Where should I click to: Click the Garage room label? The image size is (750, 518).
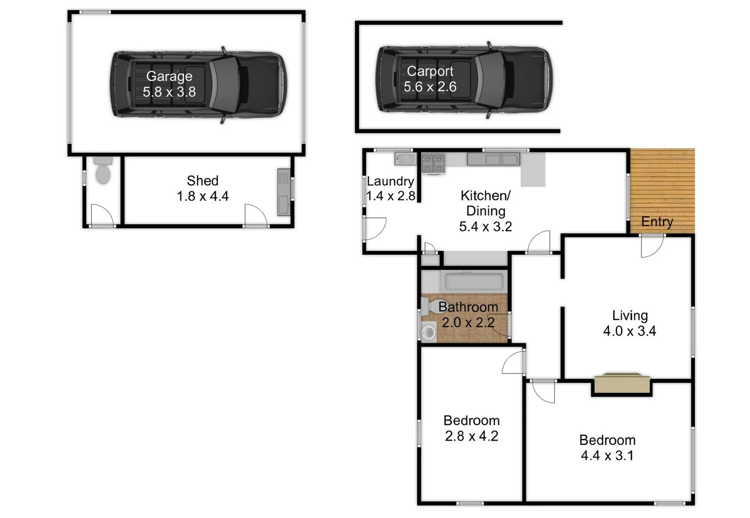pos(169,76)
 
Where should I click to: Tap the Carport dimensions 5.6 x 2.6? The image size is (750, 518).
pos(430,87)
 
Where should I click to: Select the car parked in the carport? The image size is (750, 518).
pos(464,80)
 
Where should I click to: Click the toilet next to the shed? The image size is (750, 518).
pos(103,172)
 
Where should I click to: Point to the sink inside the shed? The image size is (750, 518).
pos(283,192)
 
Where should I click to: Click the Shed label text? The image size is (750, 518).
pos(203,181)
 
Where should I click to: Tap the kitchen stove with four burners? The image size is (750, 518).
pos(433,163)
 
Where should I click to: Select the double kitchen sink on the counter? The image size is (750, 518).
pos(493,159)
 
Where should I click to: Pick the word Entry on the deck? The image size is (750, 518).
pos(657,222)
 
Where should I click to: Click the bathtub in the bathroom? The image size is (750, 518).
pos(474,282)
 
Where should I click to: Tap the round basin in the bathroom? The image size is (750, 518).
pos(428,332)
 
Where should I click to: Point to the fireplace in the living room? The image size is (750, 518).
pos(622,383)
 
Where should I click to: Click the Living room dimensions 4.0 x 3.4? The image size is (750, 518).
pos(629,331)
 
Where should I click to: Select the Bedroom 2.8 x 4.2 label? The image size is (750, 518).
pos(472,428)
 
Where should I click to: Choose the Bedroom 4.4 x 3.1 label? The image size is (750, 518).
pos(607,447)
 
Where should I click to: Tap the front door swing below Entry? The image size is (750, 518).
pos(652,246)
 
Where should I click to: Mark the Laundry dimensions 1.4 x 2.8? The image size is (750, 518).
pos(391,196)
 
